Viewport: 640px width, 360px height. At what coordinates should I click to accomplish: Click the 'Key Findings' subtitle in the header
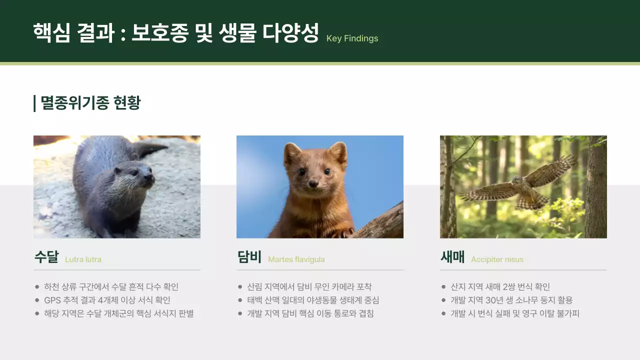(x=352, y=38)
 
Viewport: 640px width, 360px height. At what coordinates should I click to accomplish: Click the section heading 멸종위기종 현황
(x=90, y=103)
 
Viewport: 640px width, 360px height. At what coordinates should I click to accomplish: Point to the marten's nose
(x=313, y=183)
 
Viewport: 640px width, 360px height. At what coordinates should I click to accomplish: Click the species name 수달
(x=46, y=257)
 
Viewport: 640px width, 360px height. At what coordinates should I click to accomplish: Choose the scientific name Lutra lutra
(x=83, y=259)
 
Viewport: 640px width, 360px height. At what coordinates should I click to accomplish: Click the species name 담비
(x=249, y=257)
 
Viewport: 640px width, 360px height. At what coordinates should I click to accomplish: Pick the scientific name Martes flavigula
(x=296, y=259)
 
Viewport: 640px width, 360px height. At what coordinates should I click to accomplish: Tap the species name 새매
(x=452, y=257)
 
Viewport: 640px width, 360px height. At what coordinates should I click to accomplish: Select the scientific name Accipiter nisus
(x=497, y=259)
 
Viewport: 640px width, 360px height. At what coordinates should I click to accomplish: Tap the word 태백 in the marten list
(x=254, y=300)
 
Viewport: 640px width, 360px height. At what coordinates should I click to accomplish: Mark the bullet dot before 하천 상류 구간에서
(x=37, y=287)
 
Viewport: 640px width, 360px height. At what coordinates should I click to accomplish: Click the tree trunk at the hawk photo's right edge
(x=596, y=190)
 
